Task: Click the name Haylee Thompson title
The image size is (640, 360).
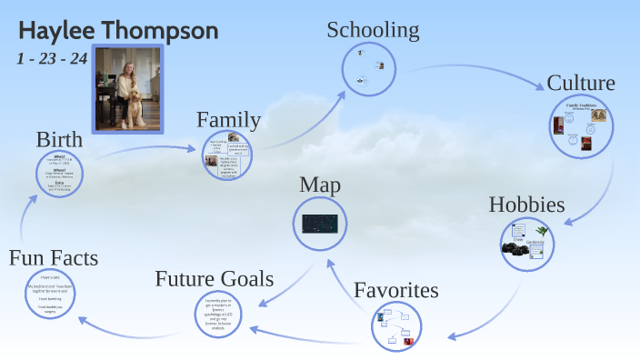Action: [x=118, y=30]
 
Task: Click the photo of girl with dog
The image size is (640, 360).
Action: [x=128, y=88]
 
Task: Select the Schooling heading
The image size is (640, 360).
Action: [x=373, y=30]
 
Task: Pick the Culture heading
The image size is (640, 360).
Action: [x=581, y=84]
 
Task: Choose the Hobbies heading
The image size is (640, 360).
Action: [x=528, y=204]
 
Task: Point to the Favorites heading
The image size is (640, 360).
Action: [x=396, y=291]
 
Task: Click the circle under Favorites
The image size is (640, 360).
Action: [x=397, y=326]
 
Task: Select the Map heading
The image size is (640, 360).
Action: [x=320, y=185]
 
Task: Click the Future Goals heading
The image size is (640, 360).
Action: [x=215, y=278]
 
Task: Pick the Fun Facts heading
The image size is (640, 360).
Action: [x=53, y=258]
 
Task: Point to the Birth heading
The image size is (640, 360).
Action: [x=60, y=140]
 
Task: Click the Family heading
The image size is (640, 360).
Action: [x=229, y=119]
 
